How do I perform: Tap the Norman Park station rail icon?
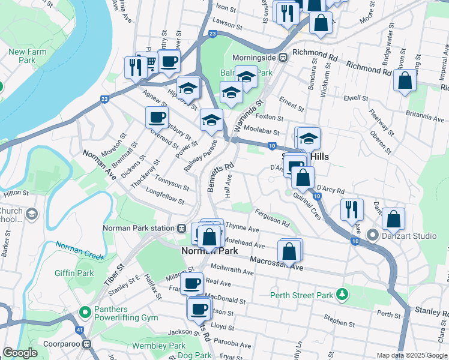tap(181, 228)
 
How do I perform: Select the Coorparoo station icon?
tap(87, 344)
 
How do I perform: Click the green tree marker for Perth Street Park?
tap(342, 295)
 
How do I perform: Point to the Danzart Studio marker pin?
tap(372, 235)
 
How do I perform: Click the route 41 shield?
tap(79, 329)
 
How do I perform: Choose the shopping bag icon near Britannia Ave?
tap(405, 81)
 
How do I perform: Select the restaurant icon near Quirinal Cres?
tap(351, 209)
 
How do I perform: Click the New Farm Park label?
tap(28, 56)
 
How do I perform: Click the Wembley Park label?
tap(160, 346)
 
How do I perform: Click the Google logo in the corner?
tap(20, 353)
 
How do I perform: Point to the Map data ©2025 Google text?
tap(411, 355)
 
